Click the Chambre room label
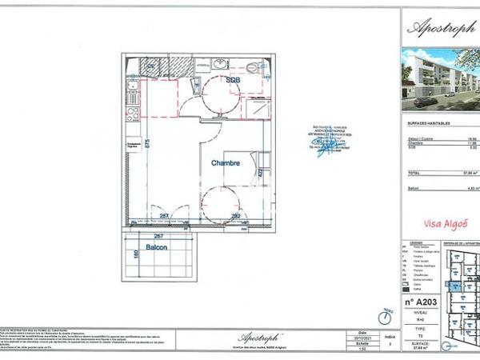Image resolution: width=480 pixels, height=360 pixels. [x=226, y=162]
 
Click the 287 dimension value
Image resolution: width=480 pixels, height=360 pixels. [x=163, y=216]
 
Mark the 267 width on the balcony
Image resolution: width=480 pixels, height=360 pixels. [x=159, y=237]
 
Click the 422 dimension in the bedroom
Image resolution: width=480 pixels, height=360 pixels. [x=260, y=172]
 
